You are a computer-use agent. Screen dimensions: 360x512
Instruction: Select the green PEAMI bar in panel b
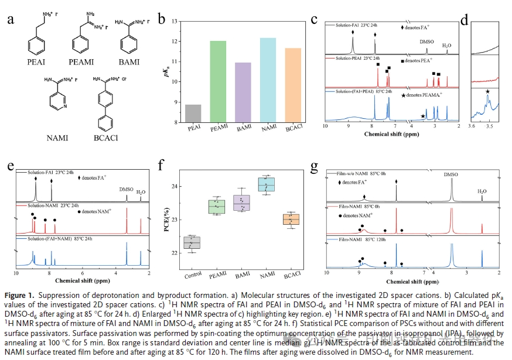click(217, 81)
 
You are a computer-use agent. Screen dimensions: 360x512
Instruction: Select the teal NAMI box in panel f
click(267, 184)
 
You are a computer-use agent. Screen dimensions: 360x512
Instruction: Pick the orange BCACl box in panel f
click(291, 219)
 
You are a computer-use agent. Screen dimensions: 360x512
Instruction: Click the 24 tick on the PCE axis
click(176, 187)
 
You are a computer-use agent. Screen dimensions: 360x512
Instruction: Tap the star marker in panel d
click(487, 91)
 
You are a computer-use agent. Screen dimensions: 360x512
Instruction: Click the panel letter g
click(315, 167)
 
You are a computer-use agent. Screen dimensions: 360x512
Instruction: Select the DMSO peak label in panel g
click(451, 175)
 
